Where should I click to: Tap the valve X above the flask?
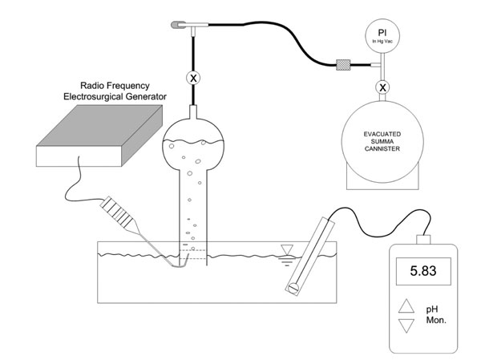(x=193, y=78)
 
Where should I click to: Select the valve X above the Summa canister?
(x=382, y=87)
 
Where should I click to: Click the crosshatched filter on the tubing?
(x=343, y=65)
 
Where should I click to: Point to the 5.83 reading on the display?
(x=423, y=271)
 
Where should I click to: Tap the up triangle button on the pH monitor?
(x=406, y=306)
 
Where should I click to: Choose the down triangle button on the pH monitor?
(x=406, y=326)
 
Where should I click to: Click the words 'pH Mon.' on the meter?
(x=436, y=314)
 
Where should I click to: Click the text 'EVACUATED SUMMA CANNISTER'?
(x=382, y=141)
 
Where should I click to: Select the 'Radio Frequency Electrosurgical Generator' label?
(x=115, y=91)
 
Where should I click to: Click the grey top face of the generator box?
(x=99, y=126)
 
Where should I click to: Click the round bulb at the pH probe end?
(x=293, y=288)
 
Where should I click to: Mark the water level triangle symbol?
(x=287, y=249)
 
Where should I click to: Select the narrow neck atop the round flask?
(x=193, y=111)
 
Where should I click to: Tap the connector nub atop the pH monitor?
(x=423, y=240)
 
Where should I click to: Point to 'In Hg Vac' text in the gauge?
(x=382, y=42)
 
